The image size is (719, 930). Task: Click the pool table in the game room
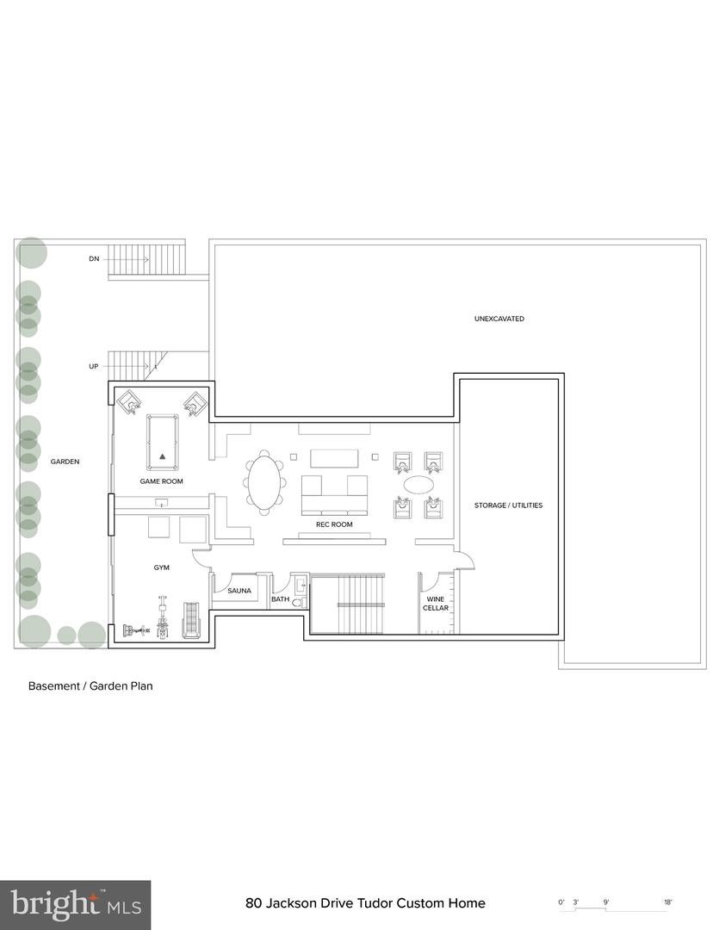(x=162, y=440)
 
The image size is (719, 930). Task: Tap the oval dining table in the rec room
(x=264, y=483)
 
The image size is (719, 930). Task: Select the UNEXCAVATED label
(x=499, y=319)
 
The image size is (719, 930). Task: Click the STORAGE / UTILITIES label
(x=509, y=505)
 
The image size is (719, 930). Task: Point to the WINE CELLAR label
(x=436, y=603)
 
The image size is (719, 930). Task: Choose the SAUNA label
(x=239, y=591)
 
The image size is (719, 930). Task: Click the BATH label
(x=281, y=599)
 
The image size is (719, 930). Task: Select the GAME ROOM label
(x=162, y=481)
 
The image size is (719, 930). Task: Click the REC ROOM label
(x=335, y=524)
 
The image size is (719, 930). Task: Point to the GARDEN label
(x=65, y=462)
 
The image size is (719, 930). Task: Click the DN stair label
(x=94, y=258)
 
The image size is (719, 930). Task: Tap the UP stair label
(x=94, y=366)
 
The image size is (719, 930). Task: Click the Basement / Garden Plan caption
(x=90, y=686)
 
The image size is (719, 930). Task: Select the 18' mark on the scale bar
(x=668, y=902)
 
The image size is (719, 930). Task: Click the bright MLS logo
(x=75, y=905)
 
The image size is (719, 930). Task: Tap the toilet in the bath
(x=298, y=603)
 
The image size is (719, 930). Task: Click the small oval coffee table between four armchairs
(x=419, y=485)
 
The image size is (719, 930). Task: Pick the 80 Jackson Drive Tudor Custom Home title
(x=365, y=903)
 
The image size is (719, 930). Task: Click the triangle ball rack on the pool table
(x=162, y=456)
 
